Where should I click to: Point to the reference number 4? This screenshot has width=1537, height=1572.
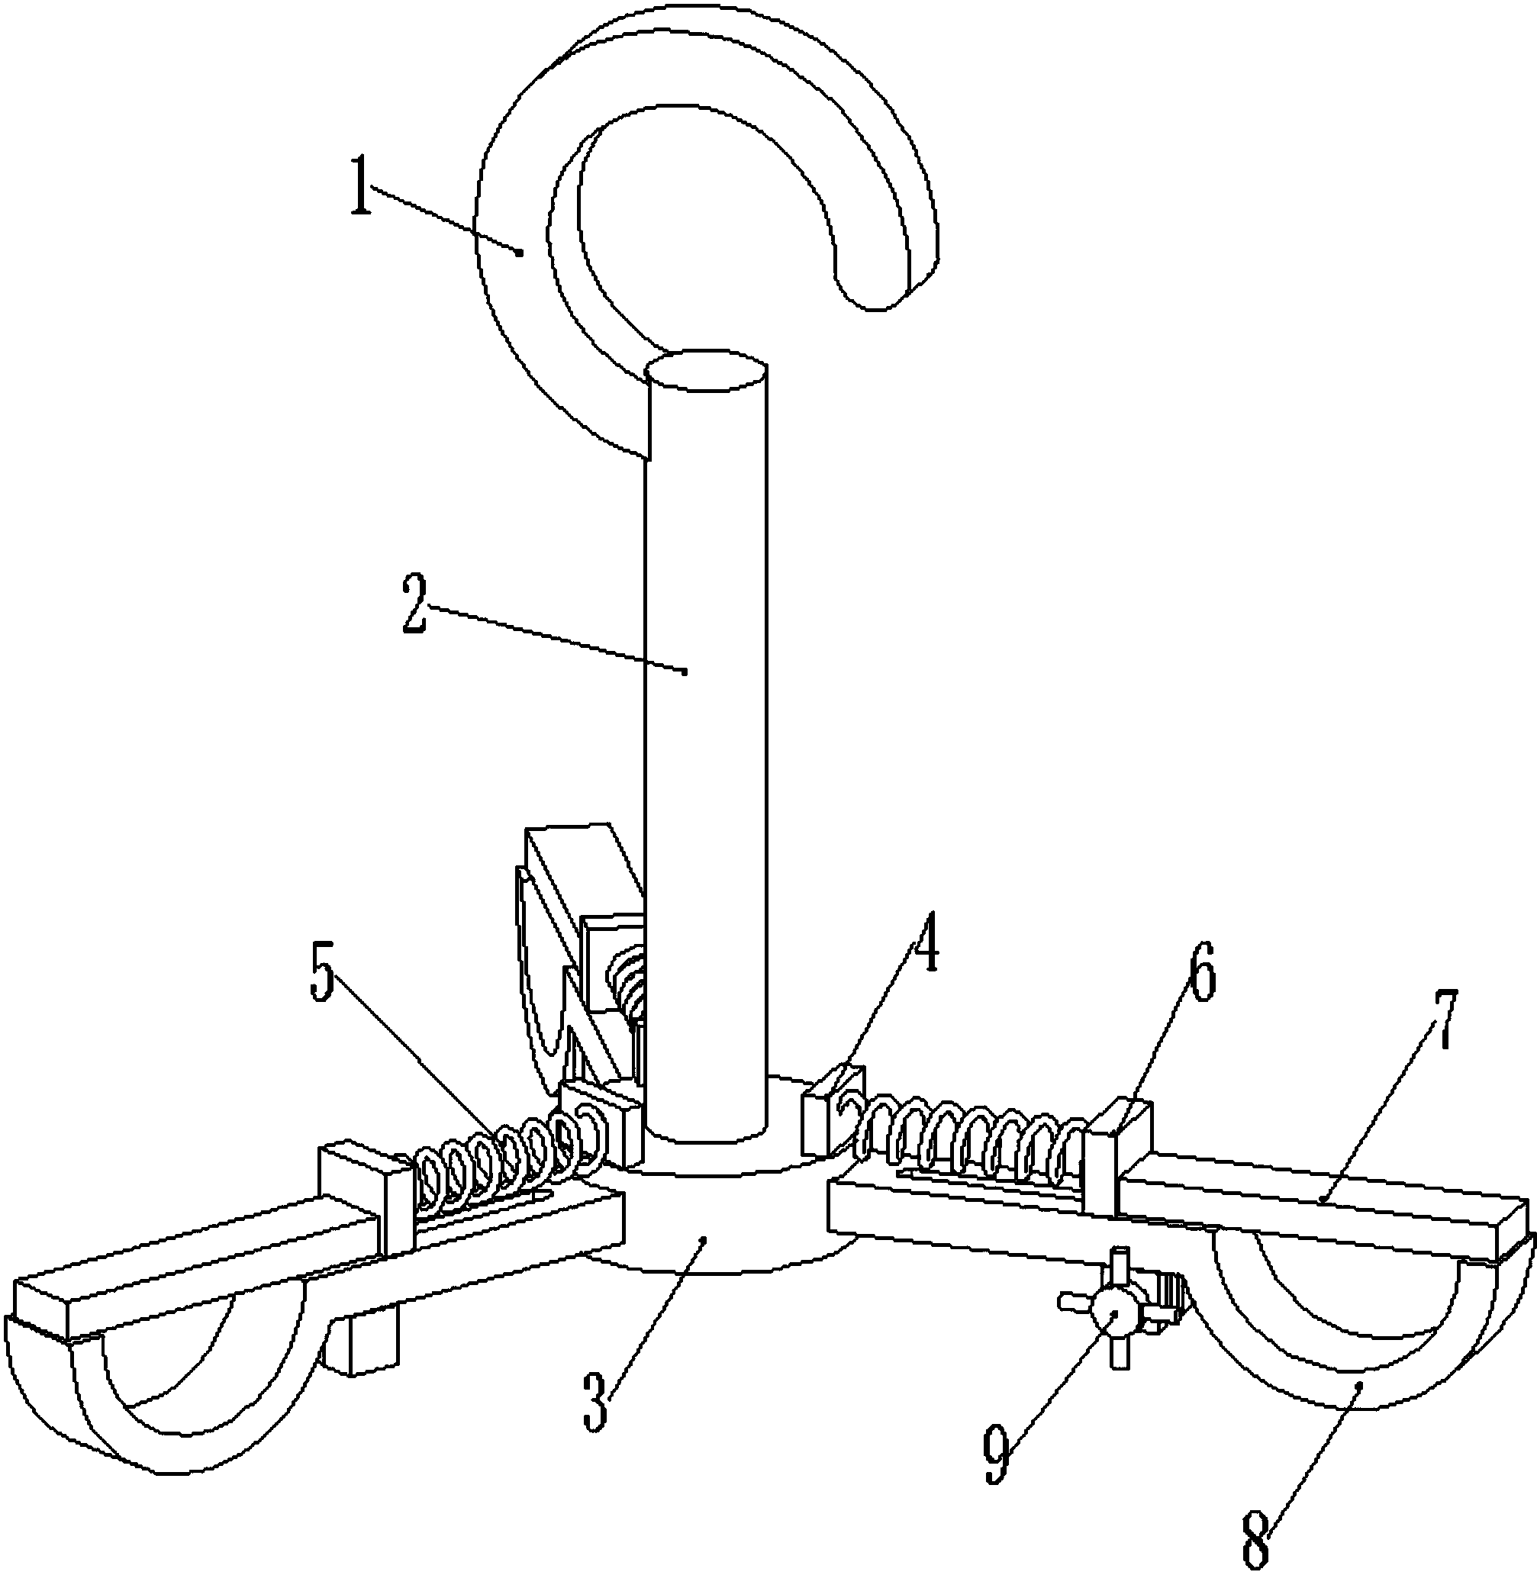click(926, 942)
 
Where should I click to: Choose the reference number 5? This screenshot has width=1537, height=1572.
click(322, 978)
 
